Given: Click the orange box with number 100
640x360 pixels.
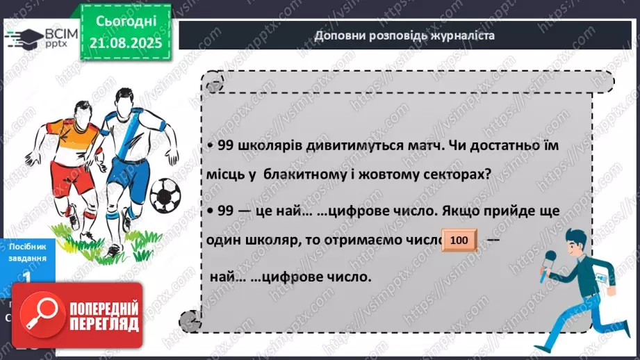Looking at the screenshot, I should [x=459, y=240].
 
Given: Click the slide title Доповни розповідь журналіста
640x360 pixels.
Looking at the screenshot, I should [x=404, y=35].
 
